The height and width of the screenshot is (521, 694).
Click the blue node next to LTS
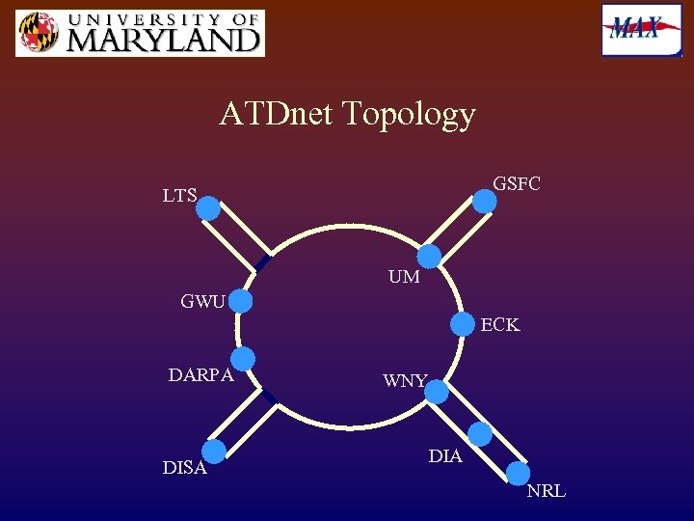pos(209,208)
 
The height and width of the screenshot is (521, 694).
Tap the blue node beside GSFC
pos(485,201)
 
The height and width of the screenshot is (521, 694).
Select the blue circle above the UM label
pos(429,256)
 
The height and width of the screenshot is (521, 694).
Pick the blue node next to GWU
pos(241,302)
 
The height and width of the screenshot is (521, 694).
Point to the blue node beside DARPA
pos(243,359)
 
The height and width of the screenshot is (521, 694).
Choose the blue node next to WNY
pos(437,391)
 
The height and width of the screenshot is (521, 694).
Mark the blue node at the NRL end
pos(518,473)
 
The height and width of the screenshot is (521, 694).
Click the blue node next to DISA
pos(214,452)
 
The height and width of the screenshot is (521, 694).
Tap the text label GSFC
pos(517,183)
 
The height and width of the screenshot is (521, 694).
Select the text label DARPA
pos(200,375)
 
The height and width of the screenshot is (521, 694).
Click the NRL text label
pos(546,492)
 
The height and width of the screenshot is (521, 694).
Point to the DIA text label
pos(445,456)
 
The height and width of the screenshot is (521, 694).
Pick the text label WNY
pos(404,381)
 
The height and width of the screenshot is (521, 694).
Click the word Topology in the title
pos(414,114)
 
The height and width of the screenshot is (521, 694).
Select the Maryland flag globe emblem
pos(37,34)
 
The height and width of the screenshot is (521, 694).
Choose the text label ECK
pos(499,325)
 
